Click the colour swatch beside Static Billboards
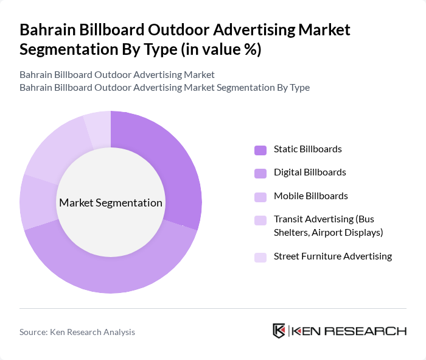coord(260,150)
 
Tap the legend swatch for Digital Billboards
coord(260,173)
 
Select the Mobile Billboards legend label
coord(311,196)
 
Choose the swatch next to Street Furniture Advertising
coord(260,257)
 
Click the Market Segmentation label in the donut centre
coord(111,203)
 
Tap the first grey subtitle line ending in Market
coord(117,75)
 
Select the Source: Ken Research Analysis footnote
coord(77,332)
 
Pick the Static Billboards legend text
coord(308,149)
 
